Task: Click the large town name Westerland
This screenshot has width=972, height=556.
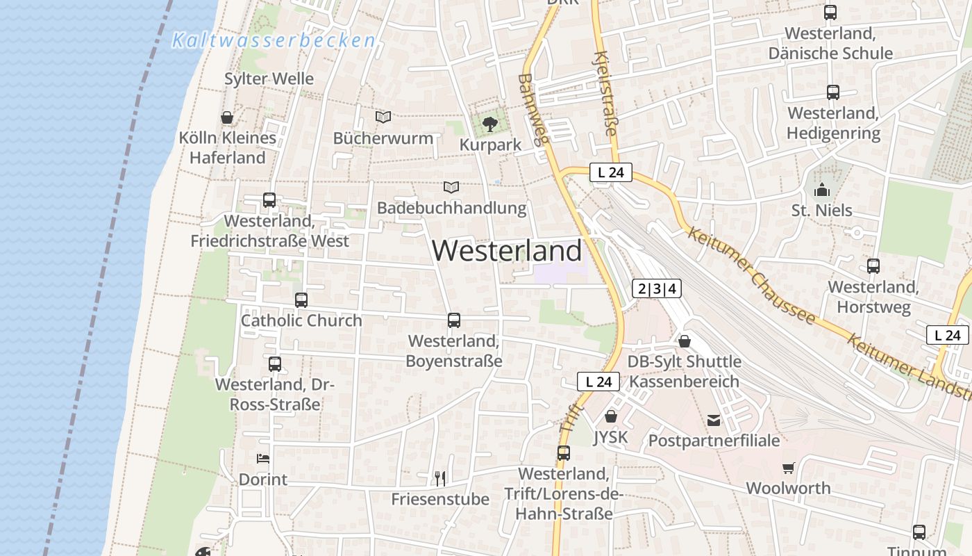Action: (507, 251)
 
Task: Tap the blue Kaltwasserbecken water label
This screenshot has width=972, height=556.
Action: (274, 40)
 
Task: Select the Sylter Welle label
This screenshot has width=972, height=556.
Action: (269, 79)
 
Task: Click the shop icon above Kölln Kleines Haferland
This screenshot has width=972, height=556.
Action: (226, 117)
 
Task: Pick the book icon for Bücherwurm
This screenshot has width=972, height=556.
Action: (383, 117)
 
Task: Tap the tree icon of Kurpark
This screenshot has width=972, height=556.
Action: (490, 124)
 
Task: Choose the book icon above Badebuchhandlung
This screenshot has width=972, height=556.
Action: (451, 187)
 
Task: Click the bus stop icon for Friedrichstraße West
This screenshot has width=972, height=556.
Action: (269, 200)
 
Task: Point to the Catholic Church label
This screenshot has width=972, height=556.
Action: (301, 320)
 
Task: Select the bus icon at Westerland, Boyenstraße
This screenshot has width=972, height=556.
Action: (454, 320)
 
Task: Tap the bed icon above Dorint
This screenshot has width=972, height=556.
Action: (262, 459)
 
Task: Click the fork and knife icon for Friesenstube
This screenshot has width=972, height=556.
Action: (439, 478)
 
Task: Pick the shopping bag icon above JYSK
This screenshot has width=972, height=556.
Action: (611, 416)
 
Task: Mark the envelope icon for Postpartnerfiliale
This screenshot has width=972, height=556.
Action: (714, 420)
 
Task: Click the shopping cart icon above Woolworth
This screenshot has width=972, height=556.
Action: (788, 468)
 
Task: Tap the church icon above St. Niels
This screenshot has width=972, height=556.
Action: (822, 189)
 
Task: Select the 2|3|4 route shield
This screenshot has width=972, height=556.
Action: (656, 288)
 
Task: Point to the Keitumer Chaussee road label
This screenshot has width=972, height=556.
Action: (751, 275)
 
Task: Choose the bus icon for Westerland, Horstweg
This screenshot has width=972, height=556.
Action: (873, 265)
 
